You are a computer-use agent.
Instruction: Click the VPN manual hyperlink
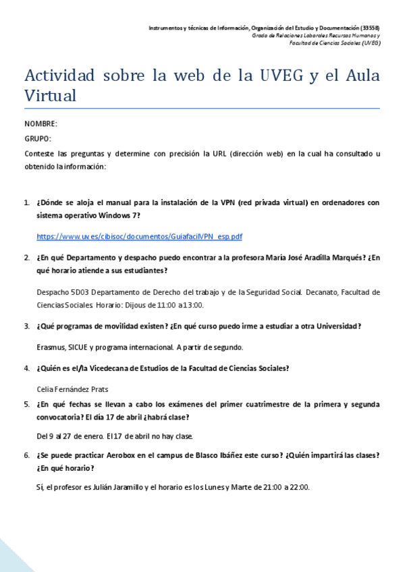point(140,237)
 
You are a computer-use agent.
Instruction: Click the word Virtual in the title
point(50,95)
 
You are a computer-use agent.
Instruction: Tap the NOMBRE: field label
point(40,124)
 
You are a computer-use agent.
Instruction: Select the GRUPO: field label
point(37,139)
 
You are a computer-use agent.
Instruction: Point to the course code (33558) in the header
point(370,28)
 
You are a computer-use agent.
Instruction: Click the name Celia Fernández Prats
point(74,389)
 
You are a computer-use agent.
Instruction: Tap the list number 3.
point(27,326)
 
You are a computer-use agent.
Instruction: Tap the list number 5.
point(27,404)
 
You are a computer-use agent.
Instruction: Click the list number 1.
point(27,202)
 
